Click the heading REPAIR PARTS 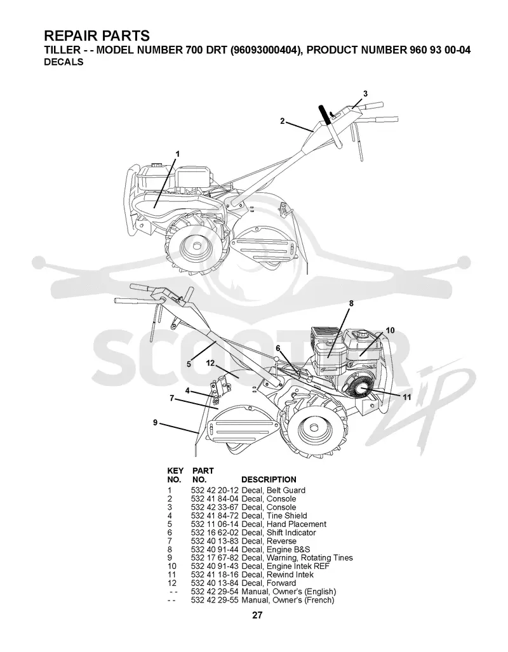(x=97, y=36)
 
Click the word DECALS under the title (x=63, y=62)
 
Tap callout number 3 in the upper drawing (x=365, y=94)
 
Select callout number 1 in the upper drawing (x=178, y=154)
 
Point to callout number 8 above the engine (x=351, y=303)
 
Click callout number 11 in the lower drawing (x=406, y=397)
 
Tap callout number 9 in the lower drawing (x=155, y=422)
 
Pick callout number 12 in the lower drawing (x=210, y=363)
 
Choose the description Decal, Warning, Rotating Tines (x=297, y=558)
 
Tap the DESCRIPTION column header (x=269, y=479)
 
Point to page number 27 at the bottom (x=257, y=615)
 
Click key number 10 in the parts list (x=172, y=566)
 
